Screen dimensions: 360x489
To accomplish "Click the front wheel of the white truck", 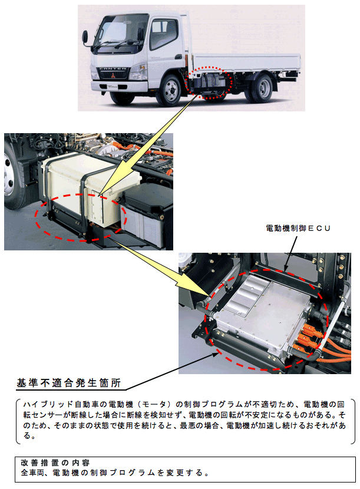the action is point(169,90).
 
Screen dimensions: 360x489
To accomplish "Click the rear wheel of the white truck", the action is point(261,88).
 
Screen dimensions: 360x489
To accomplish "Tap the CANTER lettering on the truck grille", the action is point(113,68).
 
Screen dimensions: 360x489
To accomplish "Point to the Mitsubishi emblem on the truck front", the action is point(113,75).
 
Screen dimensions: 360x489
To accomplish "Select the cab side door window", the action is point(163,34).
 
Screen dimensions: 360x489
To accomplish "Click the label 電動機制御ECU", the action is point(298,228).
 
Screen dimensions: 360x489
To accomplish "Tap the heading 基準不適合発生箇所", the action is point(68,383).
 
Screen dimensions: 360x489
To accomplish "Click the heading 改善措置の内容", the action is point(55,462).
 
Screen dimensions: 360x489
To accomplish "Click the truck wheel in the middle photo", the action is point(12,178).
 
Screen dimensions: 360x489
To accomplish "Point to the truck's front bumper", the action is point(118,86).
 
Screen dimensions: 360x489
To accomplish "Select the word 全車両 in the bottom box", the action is point(33,473).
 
